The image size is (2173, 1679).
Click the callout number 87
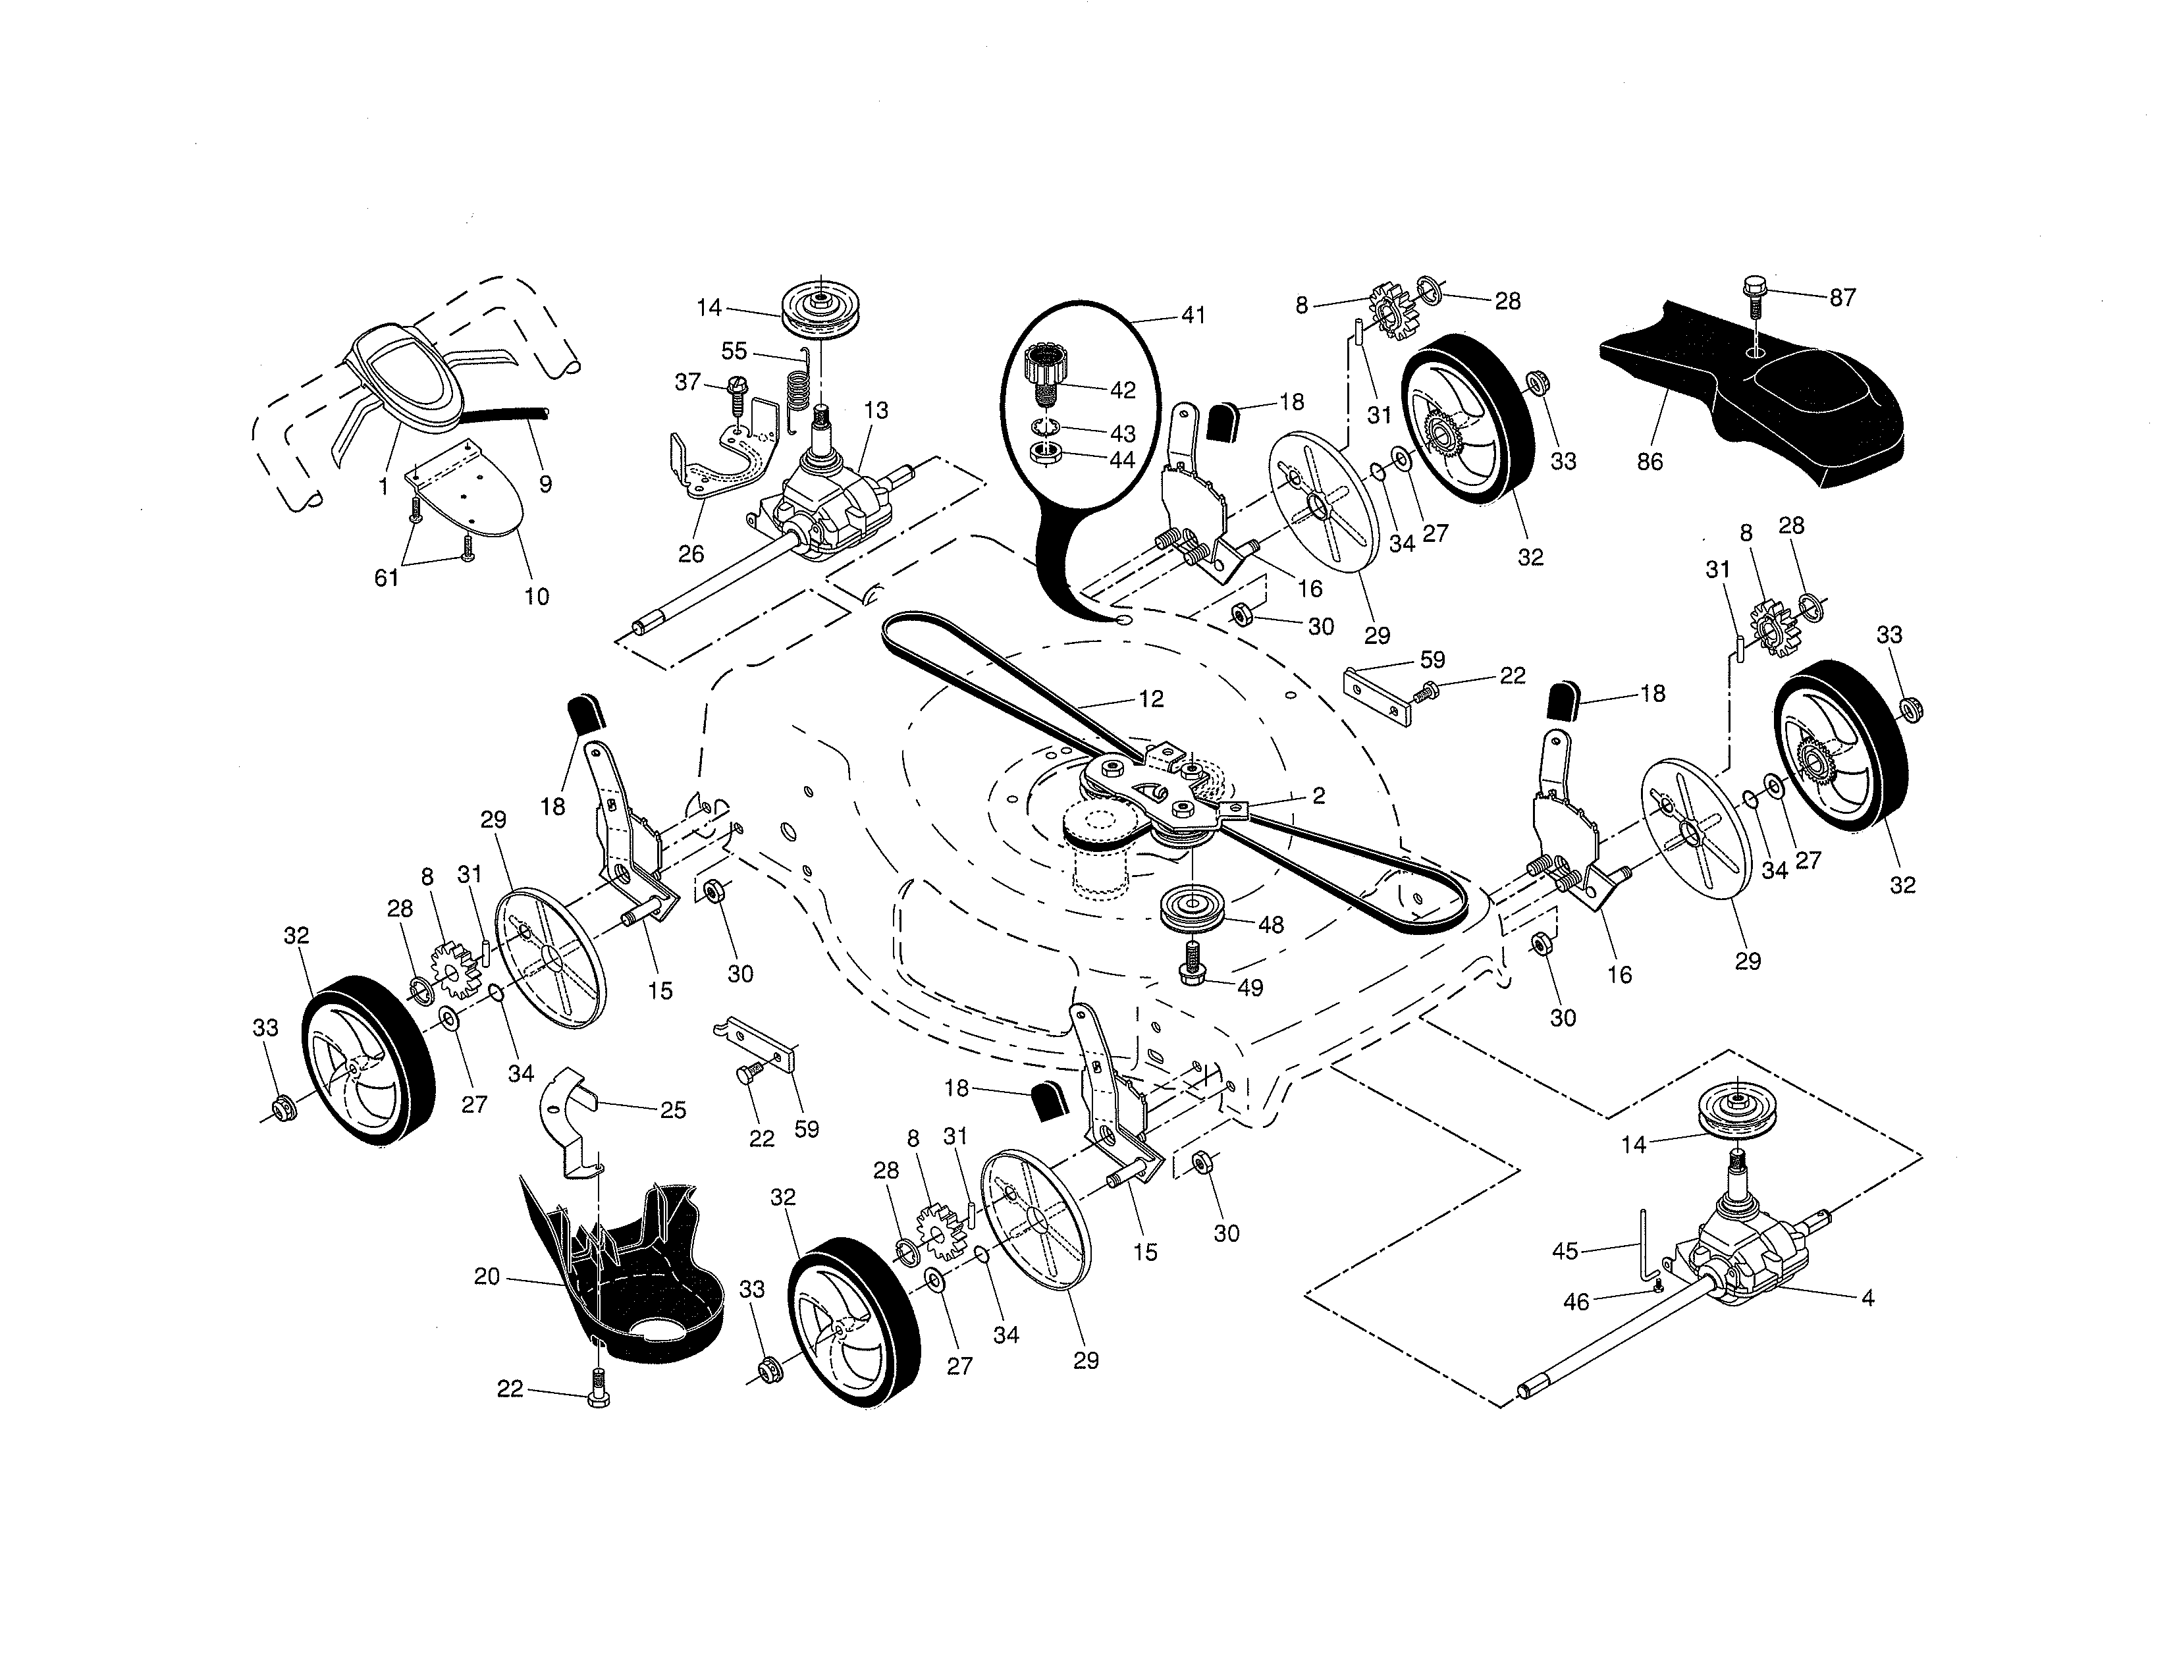tap(1842, 298)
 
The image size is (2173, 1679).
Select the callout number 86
tap(1650, 462)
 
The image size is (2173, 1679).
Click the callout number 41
tap(1193, 315)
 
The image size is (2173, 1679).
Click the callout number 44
tap(1121, 460)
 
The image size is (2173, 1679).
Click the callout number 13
tap(876, 410)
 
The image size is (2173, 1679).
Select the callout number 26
tap(691, 554)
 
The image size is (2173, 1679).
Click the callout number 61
tap(386, 577)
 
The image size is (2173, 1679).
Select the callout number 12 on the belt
tap(1150, 699)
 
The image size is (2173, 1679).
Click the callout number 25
tap(674, 1110)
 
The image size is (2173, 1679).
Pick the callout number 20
tap(487, 1276)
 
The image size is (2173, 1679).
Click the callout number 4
tap(1867, 1298)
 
